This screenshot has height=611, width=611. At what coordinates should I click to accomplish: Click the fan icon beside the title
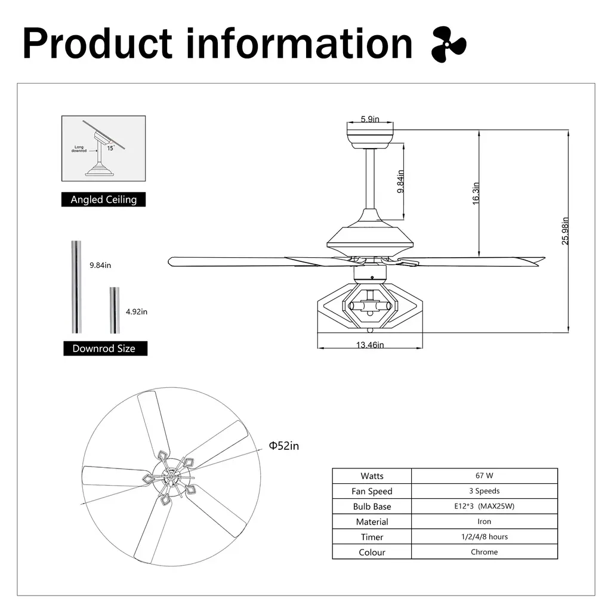point(449,44)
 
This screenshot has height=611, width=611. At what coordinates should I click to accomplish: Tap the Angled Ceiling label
point(104,199)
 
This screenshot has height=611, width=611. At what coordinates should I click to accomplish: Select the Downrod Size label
point(105,348)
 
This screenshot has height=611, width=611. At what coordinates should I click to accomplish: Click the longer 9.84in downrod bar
point(76,287)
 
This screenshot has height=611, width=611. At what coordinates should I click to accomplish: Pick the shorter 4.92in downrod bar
point(115,310)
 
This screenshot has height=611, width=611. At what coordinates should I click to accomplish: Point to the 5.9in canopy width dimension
point(370,119)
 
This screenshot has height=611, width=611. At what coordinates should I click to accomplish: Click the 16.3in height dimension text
point(476,193)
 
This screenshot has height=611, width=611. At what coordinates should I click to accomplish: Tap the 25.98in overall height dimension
point(565,231)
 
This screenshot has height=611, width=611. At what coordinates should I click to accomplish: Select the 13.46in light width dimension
point(370,345)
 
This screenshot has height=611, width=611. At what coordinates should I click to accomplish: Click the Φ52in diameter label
point(283,446)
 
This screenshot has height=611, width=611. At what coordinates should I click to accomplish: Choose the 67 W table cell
point(485,476)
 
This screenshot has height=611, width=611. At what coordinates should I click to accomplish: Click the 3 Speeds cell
point(485,491)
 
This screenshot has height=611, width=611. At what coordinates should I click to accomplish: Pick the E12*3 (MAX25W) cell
point(485,506)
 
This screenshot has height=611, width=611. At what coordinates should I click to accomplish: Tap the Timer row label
point(372,537)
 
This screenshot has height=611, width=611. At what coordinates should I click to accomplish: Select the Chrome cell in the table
point(485,552)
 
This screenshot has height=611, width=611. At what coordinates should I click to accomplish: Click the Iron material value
point(485,521)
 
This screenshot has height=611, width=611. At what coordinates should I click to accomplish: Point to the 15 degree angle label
point(110,148)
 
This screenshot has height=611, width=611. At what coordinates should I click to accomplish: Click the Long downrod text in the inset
point(79,149)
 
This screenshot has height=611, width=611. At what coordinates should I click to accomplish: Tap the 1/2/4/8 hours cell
point(485,536)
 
